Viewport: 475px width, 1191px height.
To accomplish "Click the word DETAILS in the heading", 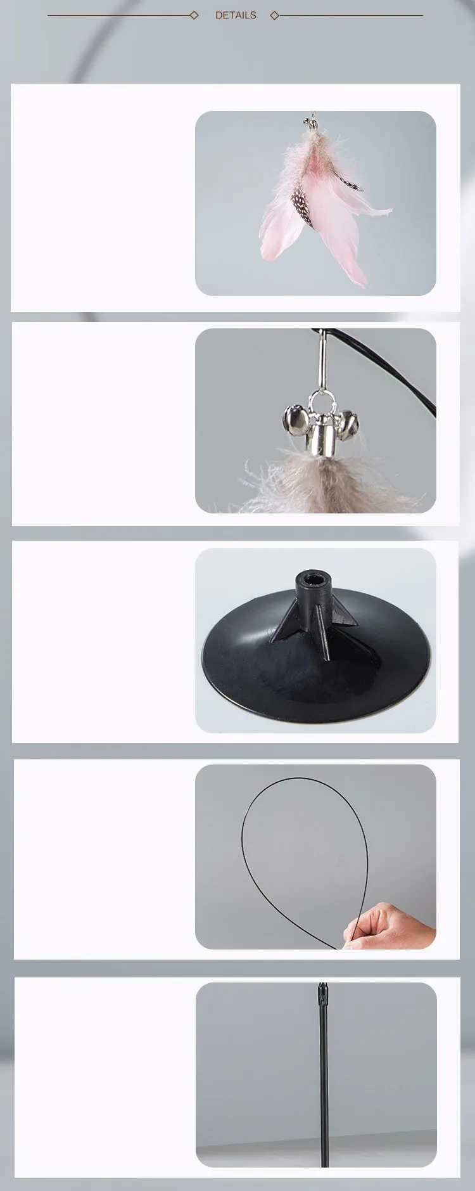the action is (236, 15).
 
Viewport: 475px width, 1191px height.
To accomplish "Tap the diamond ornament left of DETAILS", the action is (194, 15).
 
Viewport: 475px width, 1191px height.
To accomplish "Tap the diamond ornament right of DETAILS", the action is (274, 15).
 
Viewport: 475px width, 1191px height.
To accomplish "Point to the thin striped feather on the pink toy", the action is (350, 182).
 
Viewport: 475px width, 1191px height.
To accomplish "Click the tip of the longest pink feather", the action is (366, 286).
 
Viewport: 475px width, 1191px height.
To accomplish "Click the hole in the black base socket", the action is (312, 578).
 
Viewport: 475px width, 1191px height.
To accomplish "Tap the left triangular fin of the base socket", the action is (284, 621).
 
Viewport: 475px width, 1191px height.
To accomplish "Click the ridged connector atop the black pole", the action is (323, 994).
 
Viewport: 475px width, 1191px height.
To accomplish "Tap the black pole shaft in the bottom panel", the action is (324, 1084).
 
